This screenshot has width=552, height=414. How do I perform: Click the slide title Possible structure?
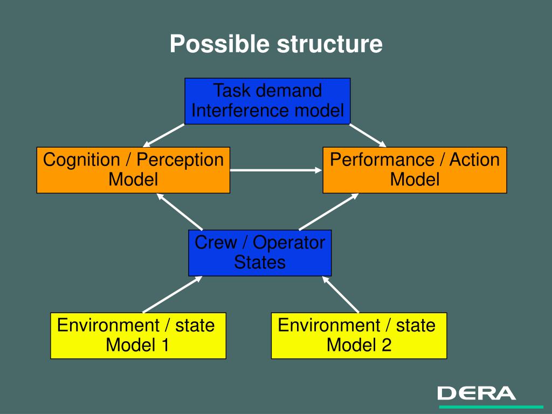click(x=276, y=44)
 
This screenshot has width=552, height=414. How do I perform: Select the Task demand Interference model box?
click(x=267, y=101)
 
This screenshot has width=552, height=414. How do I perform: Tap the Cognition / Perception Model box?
click(x=133, y=170)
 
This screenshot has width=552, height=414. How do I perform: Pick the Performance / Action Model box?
click(x=415, y=170)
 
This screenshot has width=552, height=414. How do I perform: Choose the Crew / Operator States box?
click(x=260, y=252)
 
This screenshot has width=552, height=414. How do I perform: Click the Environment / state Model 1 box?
click(x=138, y=335)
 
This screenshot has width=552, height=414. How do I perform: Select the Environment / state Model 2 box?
click(x=358, y=335)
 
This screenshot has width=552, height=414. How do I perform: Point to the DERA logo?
click(x=477, y=393)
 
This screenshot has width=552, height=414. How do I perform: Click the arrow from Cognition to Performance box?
click(x=276, y=170)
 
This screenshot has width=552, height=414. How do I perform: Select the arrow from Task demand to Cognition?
click(x=164, y=135)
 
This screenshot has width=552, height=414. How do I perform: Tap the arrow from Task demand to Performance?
click(x=368, y=135)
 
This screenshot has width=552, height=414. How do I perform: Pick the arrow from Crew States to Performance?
click(x=328, y=211)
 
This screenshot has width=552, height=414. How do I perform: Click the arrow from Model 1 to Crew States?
click(x=172, y=294)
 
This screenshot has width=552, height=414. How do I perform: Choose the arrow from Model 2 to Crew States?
click(x=341, y=294)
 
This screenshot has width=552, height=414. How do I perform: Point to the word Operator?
click(x=289, y=243)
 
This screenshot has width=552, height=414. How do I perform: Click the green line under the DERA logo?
click(x=491, y=406)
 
